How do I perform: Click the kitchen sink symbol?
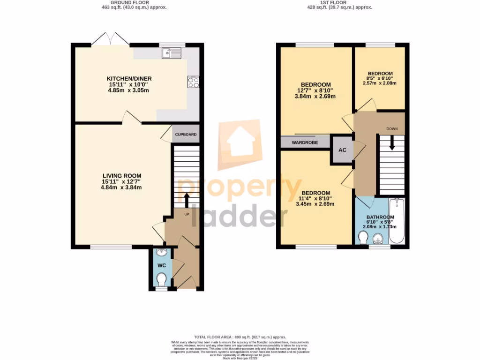(172, 53)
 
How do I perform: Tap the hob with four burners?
(193, 82)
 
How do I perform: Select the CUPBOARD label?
(186, 135)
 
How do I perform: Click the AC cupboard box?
(342, 150)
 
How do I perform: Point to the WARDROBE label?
(304, 142)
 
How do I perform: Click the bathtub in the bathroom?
(396, 221)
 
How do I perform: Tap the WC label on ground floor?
(162, 265)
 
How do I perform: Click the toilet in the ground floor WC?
(162, 280)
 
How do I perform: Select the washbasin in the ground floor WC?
(162, 253)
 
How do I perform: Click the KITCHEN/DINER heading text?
(129, 78)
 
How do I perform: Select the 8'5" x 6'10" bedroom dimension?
(380, 78)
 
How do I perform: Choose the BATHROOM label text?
(380, 217)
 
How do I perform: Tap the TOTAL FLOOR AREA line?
(240, 337)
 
